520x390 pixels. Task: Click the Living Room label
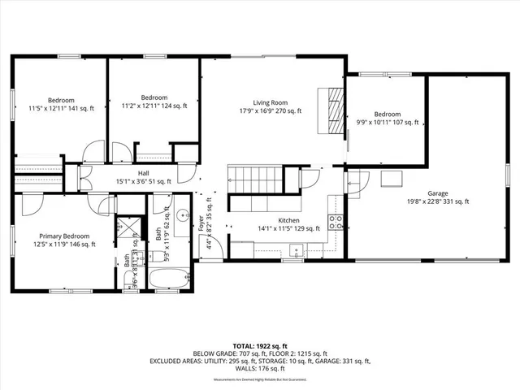270,102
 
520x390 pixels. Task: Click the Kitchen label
289,220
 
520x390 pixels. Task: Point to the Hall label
143,173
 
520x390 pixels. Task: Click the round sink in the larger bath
182,216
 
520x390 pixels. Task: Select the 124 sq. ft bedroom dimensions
154,106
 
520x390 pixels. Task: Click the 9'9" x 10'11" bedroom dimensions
388,123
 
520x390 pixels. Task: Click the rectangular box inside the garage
394,178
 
